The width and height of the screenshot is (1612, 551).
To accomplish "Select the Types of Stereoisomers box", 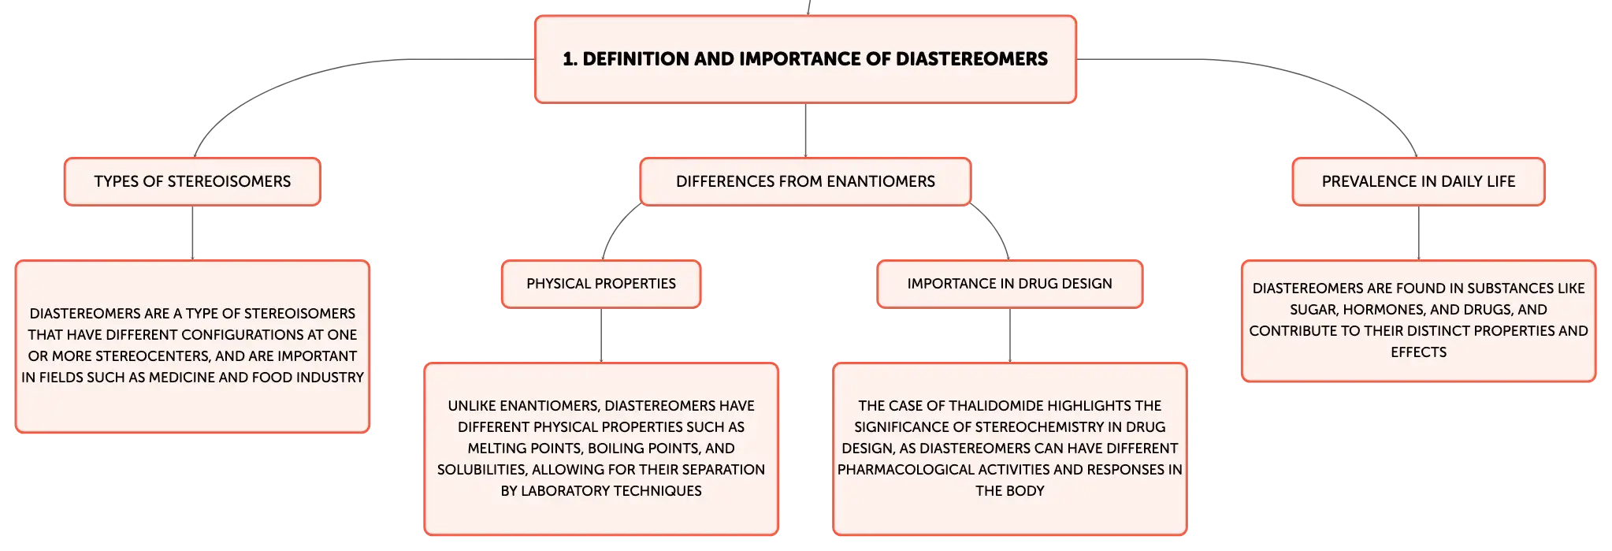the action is click(192, 181).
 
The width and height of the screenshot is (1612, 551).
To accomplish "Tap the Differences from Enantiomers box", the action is click(805, 181).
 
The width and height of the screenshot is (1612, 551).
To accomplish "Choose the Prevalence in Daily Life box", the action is click(1418, 181).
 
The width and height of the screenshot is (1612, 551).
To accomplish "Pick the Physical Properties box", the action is click(601, 284).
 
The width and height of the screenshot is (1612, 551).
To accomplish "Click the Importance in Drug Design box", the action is click(1009, 284).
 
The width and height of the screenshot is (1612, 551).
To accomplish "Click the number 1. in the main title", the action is click(570, 59).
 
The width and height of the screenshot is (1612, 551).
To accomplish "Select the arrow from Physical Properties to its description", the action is click(601, 335).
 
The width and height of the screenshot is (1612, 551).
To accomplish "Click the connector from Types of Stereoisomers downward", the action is click(192, 233).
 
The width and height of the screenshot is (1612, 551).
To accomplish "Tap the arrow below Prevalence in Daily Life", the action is click(1418, 233).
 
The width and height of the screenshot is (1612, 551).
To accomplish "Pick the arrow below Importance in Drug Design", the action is click(1009, 335).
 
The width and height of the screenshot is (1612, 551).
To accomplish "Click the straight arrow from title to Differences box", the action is click(805, 130).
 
